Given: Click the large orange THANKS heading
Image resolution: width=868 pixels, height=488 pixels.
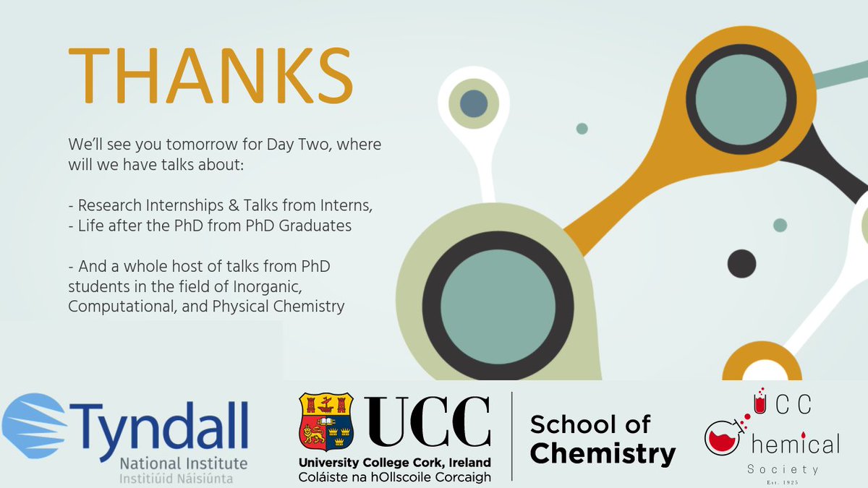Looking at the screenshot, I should (210, 77).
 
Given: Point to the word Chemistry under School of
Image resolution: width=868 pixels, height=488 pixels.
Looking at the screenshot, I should (603, 453).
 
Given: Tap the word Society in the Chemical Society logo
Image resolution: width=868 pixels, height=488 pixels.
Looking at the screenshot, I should (783, 469).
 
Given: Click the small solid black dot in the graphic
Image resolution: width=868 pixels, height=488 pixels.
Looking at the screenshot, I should (741, 263).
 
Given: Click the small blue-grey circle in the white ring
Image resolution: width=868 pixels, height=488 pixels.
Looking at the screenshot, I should (473, 103).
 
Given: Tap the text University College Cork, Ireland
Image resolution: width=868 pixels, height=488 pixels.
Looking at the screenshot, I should (395, 462).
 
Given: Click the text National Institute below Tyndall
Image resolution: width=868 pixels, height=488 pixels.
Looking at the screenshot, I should (184, 462).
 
